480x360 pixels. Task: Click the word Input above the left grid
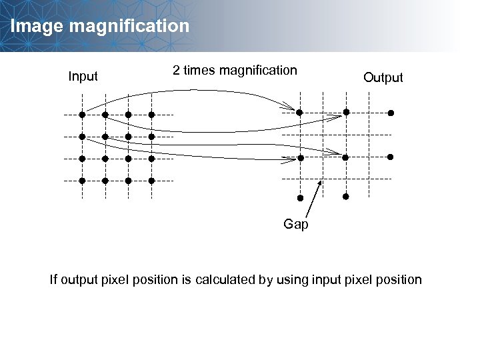point(83,77)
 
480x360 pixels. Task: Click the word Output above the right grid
point(383,78)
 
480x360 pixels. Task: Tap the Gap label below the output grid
point(296,225)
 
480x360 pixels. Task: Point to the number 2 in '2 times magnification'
point(176,70)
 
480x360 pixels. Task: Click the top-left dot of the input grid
point(82,115)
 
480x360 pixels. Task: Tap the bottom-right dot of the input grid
point(151,181)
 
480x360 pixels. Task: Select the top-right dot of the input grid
point(151,115)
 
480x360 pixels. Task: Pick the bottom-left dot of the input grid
point(82,181)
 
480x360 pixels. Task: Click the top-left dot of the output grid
point(300,113)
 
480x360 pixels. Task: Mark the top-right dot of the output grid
point(391,113)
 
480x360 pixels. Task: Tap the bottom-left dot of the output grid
point(300,198)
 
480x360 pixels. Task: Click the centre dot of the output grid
point(345,157)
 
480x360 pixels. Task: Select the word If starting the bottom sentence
point(54,279)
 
